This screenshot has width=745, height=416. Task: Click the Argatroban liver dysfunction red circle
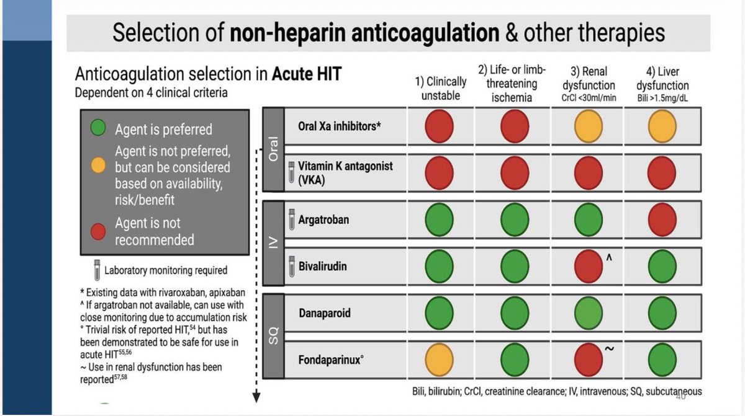(662, 220)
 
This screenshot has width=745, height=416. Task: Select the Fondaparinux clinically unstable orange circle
(439, 360)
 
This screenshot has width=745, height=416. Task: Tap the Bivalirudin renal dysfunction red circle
(589, 267)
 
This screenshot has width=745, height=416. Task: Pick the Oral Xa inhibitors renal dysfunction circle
(589, 126)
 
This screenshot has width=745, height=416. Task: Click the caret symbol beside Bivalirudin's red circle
(609, 257)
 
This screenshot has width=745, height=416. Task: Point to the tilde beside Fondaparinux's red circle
(609, 348)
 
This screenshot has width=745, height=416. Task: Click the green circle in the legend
(98, 128)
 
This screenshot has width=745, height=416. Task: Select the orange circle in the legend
(98, 166)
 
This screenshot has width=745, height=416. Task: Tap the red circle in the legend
(98, 231)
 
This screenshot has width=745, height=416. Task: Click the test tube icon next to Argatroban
(292, 219)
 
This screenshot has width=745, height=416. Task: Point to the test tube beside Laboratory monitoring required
(97, 270)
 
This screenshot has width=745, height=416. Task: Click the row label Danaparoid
(325, 313)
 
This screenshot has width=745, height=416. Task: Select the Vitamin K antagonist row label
(345, 173)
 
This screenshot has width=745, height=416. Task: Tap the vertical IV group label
(273, 242)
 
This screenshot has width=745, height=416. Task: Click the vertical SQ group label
(273, 335)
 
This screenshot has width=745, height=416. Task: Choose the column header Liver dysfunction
(662, 79)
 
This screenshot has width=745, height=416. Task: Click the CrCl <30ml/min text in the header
(589, 99)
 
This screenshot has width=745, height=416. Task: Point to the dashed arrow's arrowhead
(256, 397)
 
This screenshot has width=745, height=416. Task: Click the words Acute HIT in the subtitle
(307, 74)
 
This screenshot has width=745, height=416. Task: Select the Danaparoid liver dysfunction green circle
(662, 313)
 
